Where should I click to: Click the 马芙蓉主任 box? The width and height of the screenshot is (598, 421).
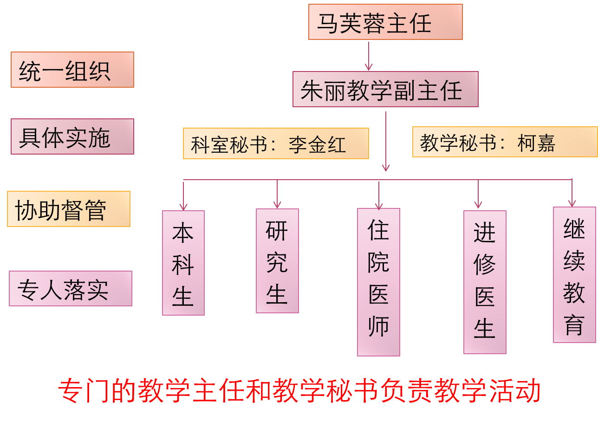click(385, 22)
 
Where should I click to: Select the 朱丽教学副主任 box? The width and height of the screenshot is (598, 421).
click(385, 89)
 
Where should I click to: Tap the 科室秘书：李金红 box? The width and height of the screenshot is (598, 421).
click(276, 143)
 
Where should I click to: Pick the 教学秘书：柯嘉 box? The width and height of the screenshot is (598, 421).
click(505, 142)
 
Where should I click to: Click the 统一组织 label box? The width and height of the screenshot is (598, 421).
click(72, 70)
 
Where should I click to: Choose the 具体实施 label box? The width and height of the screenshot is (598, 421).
click(72, 136)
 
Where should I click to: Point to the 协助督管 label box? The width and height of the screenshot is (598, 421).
click(69, 209)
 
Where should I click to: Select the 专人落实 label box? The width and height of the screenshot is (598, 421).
click(71, 288)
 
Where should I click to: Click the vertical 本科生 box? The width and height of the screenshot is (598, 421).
click(183, 263)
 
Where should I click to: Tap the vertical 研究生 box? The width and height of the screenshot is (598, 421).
click(277, 261)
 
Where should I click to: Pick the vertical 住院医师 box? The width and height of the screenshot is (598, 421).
click(378, 282)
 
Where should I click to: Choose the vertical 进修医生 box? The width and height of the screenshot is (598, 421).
click(485, 282)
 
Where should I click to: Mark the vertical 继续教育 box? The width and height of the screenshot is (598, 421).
click(574, 275)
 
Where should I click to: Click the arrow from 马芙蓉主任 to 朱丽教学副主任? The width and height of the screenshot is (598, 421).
click(369, 56)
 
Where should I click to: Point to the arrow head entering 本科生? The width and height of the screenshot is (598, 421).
click(183, 206)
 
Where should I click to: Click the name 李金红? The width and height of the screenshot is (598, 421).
click(317, 144)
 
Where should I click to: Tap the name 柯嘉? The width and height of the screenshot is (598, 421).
click(536, 142)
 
